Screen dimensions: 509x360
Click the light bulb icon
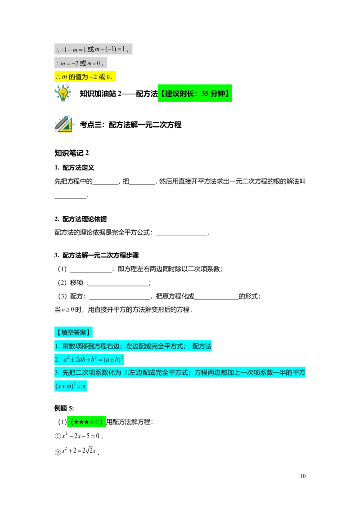tap(63, 94)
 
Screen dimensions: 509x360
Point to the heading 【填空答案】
tap(73, 332)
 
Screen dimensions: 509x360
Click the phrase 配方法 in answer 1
tap(202, 346)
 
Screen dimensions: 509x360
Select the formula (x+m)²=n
tap(71, 386)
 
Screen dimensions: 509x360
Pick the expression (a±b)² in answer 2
tap(112, 360)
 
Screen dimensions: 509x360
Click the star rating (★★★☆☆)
tap(87, 422)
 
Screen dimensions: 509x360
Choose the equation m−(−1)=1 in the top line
tap(110, 49)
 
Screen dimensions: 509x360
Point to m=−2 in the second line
tap(69, 63)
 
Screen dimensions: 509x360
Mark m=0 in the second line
tap(95, 63)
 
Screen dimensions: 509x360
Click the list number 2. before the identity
tap(57, 360)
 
